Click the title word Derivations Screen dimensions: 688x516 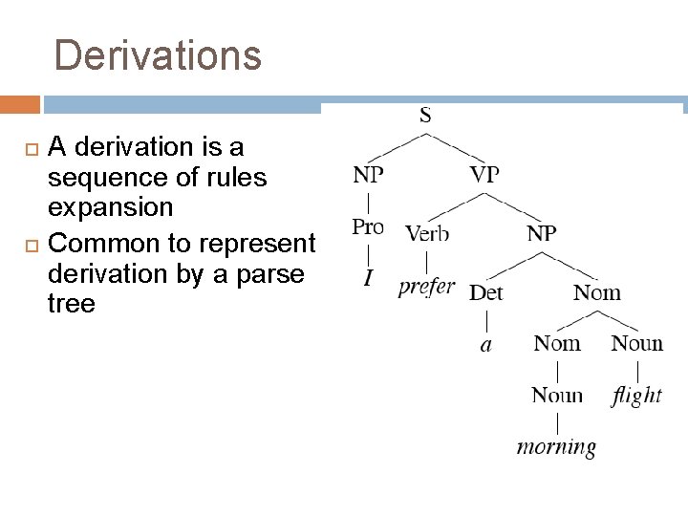pos(158,55)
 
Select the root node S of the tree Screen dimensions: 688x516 pos(425,116)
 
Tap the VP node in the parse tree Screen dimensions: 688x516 pos(484,175)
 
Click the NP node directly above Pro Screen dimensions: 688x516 pos(368,175)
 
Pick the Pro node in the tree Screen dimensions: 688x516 pos(368,227)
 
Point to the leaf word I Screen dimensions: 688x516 pos(368,279)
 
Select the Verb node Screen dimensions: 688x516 pos(426,233)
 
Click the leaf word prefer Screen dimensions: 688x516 pos(426,286)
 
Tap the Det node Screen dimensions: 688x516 pos(485,292)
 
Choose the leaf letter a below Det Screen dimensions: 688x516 pos(486,345)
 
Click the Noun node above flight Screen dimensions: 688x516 pos(636,343)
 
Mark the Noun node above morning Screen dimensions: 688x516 pos(557,395)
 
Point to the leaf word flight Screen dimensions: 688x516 pos(636,394)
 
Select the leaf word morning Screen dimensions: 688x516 pos(556,446)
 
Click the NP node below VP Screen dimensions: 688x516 pos(542,233)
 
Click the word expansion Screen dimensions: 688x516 pos(110,207)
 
